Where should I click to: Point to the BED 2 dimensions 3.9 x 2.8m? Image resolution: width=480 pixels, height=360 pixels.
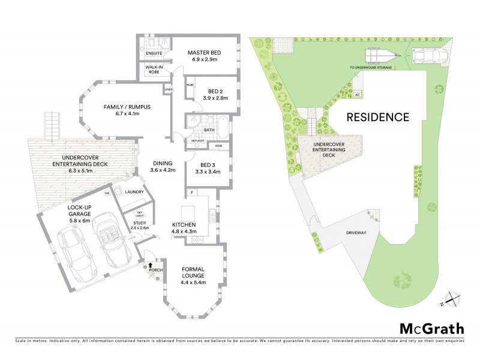[x=206, y=98]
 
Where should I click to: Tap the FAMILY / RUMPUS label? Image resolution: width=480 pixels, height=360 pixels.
[x=127, y=107]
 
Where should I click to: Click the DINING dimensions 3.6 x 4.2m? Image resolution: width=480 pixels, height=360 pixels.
[x=163, y=170]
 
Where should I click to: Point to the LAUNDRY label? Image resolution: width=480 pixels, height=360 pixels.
[x=134, y=192]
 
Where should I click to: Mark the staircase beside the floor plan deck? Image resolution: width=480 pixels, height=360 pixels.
[x=52, y=125]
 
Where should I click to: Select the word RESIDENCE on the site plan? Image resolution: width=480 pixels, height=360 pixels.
[x=378, y=117]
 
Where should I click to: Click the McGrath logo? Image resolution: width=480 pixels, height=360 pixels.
[x=431, y=328]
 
